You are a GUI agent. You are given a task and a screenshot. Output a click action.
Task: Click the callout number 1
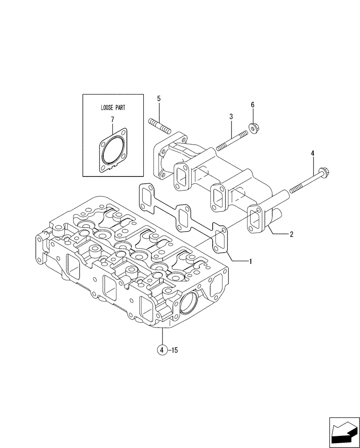coord(251,261)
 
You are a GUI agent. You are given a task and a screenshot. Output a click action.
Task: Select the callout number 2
coord(291,234)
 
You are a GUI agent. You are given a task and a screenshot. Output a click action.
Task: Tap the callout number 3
coord(231,117)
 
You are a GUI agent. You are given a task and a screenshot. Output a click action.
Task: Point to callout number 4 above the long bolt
coord(313,153)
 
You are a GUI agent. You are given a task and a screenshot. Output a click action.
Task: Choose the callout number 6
coord(253,105)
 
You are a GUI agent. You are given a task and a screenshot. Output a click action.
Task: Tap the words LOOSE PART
coord(113,108)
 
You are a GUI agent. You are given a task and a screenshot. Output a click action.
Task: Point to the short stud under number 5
coord(159,125)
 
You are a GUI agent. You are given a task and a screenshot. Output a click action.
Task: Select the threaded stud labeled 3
coord(231,140)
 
